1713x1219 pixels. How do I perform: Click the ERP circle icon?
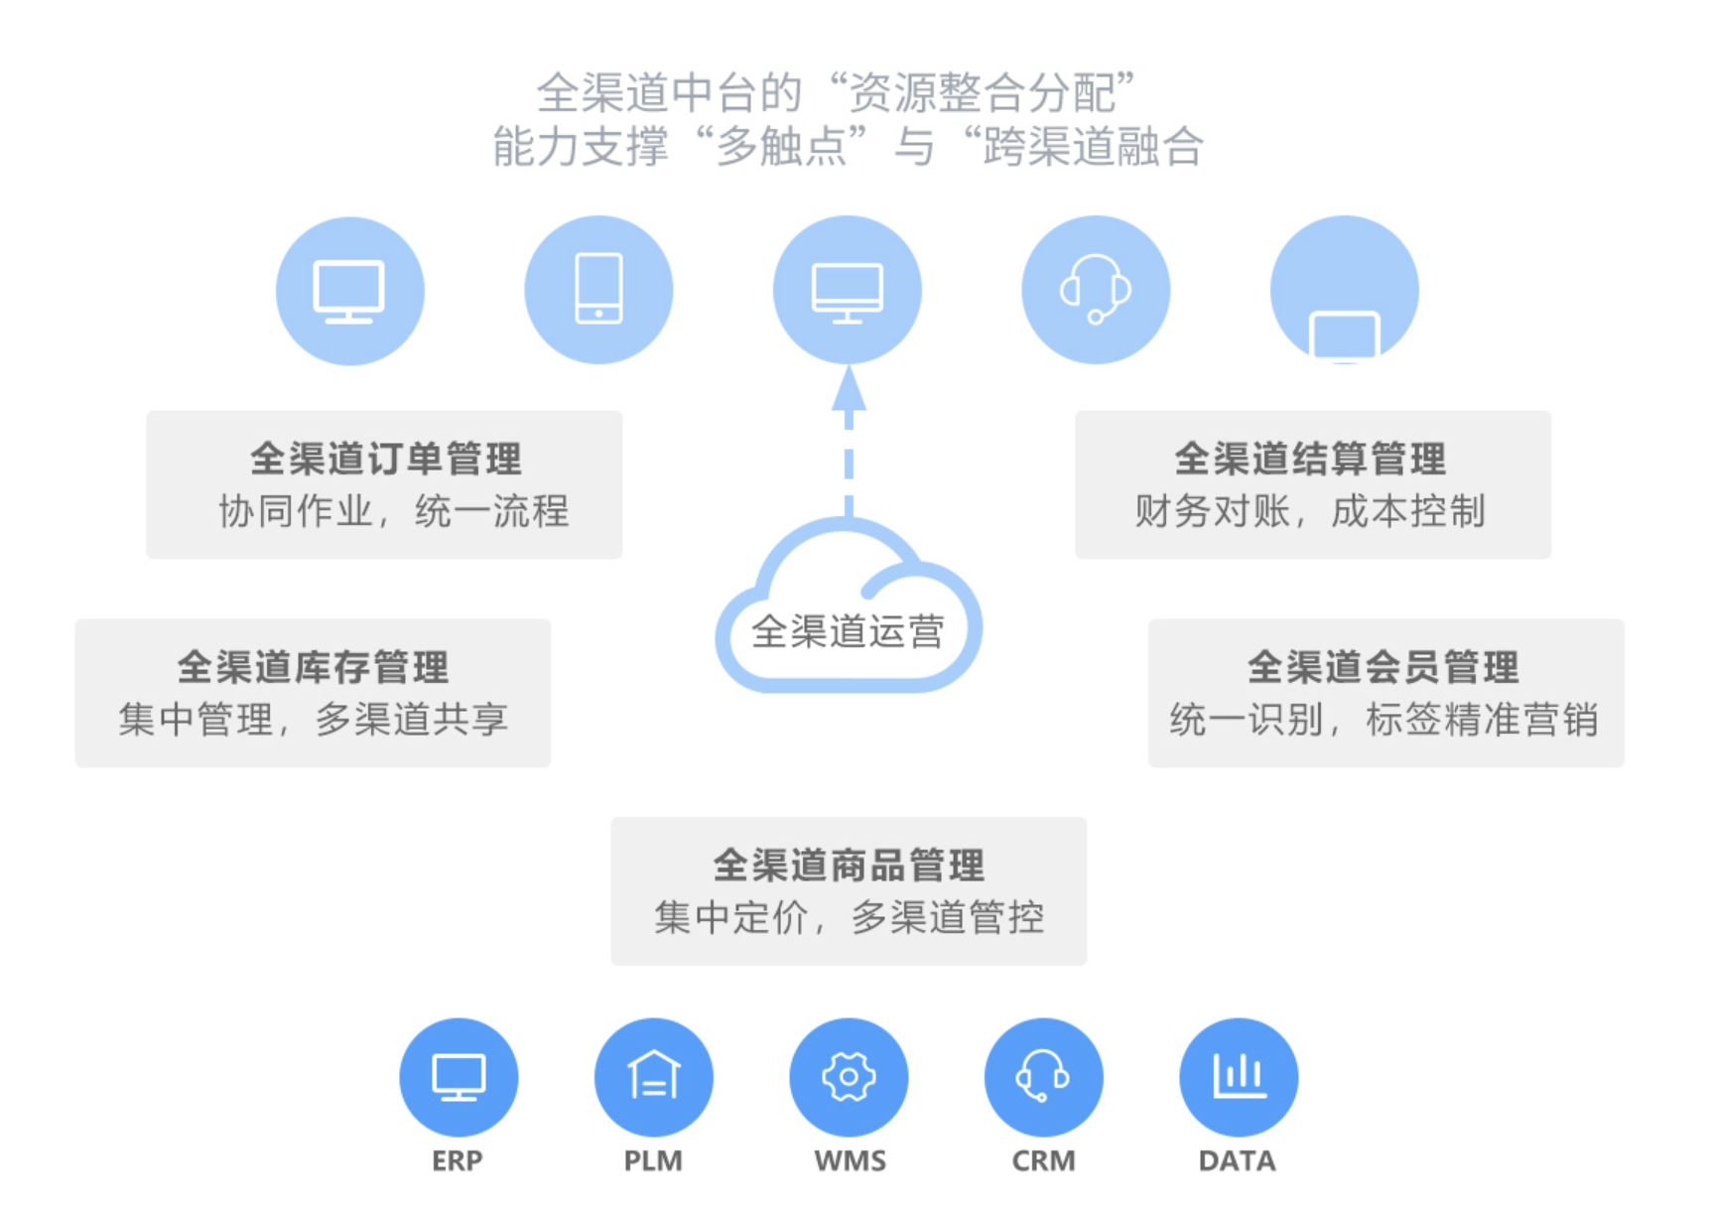tap(459, 1077)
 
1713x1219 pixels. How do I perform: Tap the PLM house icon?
tap(653, 1077)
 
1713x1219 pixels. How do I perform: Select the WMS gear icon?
tap(849, 1077)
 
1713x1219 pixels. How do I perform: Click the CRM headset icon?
tap(1043, 1077)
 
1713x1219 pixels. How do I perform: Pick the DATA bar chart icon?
tap(1239, 1077)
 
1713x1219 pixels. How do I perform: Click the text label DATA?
tap(1237, 1160)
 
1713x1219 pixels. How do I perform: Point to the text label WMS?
tap(850, 1160)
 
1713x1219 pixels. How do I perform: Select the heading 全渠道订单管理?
tap(385, 459)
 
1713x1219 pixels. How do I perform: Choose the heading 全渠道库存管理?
tap(313, 667)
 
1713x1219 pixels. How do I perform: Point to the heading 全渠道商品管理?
tap(849, 866)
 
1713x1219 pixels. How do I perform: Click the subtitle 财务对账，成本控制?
tap(1310, 512)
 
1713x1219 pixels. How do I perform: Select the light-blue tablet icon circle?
tap(598, 290)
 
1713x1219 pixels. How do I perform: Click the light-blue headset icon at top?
tap(1096, 290)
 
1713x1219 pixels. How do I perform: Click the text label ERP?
tap(458, 1160)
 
